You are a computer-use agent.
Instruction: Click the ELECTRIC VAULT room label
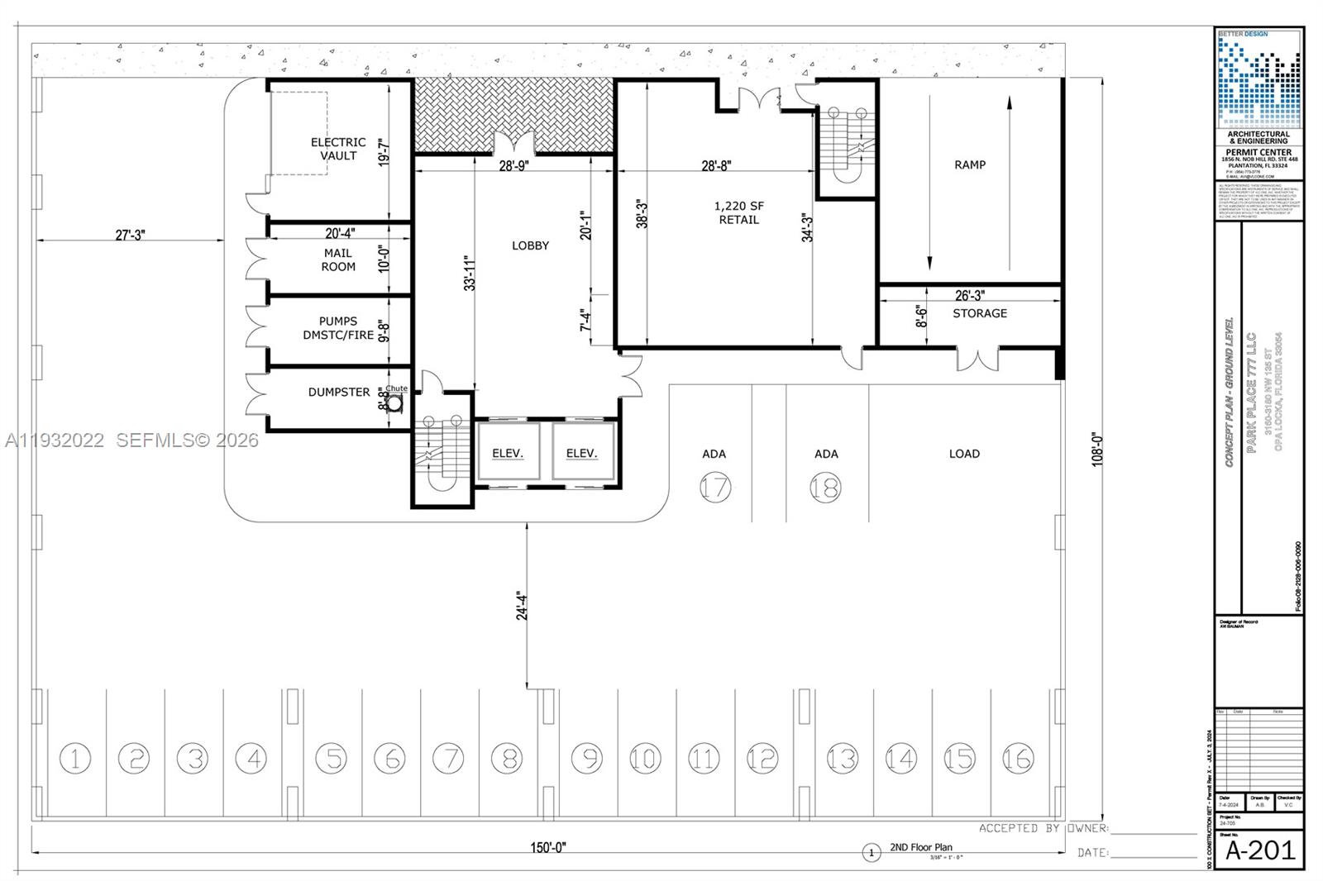point(338,149)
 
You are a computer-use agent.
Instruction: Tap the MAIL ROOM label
point(338,260)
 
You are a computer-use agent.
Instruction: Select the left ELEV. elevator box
point(508,452)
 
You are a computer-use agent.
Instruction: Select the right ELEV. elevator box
point(582,452)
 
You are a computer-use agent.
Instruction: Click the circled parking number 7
point(448,757)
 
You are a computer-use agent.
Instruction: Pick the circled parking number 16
point(1018,757)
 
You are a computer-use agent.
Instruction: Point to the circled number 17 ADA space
point(715,487)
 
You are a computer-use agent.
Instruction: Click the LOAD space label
point(964,454)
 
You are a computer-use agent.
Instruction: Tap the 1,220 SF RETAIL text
point(738,212)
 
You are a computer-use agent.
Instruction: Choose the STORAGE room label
point(980,313)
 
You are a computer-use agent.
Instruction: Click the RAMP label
point(970,164)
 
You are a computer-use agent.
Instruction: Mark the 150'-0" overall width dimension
point(547,848)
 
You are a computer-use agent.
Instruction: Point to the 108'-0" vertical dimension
point(1098,449)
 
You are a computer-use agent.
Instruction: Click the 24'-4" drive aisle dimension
point(522,605)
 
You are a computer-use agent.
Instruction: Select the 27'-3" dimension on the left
point(130,235)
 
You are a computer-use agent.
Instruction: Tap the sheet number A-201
point(1259,850)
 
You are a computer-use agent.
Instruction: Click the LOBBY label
point(530,245)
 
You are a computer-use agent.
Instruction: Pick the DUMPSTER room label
point(339,392)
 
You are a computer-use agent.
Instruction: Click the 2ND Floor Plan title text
point(921,847)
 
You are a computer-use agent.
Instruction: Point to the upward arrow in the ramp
point(1010,103)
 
